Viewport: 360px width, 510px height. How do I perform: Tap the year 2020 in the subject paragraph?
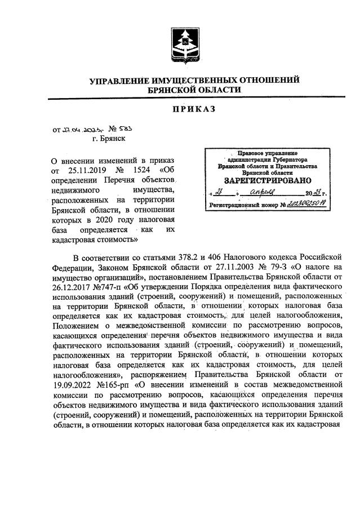click(x=92, y=219)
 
